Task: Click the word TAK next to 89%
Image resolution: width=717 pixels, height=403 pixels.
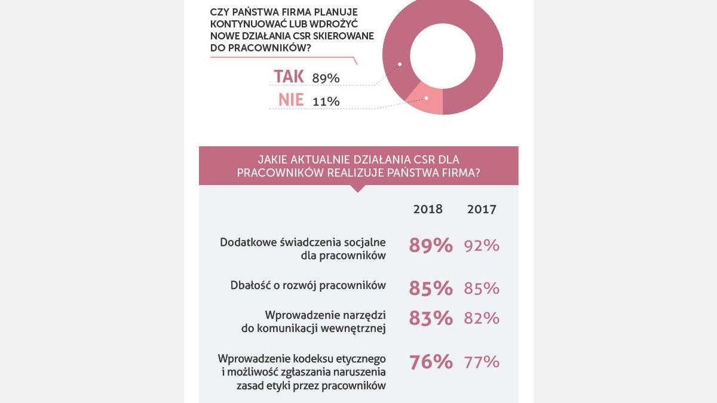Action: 289,76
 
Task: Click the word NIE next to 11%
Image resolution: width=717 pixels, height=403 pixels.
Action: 291,100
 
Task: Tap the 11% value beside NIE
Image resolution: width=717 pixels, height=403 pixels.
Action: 326,101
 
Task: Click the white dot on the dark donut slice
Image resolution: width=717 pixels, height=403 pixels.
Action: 400,64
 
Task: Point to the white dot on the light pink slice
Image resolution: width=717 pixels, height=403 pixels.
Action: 426,98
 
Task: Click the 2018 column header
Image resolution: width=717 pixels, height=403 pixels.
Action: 428,209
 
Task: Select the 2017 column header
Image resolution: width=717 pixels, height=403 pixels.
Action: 482,209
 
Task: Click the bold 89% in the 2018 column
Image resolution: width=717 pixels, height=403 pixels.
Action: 430,245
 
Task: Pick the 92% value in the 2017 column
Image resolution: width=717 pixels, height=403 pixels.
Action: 482,245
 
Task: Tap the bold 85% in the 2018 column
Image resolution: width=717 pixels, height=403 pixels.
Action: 430,288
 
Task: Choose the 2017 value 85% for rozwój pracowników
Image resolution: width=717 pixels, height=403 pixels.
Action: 482,288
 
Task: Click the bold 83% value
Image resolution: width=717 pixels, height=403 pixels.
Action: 430,318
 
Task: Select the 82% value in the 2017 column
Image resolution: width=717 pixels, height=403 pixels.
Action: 482,318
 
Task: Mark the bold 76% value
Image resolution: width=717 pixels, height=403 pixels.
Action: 430,362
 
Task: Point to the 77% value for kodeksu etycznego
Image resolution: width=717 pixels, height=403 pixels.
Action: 482,362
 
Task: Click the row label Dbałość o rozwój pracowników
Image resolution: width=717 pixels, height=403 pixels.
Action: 308,285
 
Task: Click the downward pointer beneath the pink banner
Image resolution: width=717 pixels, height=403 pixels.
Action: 357,188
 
